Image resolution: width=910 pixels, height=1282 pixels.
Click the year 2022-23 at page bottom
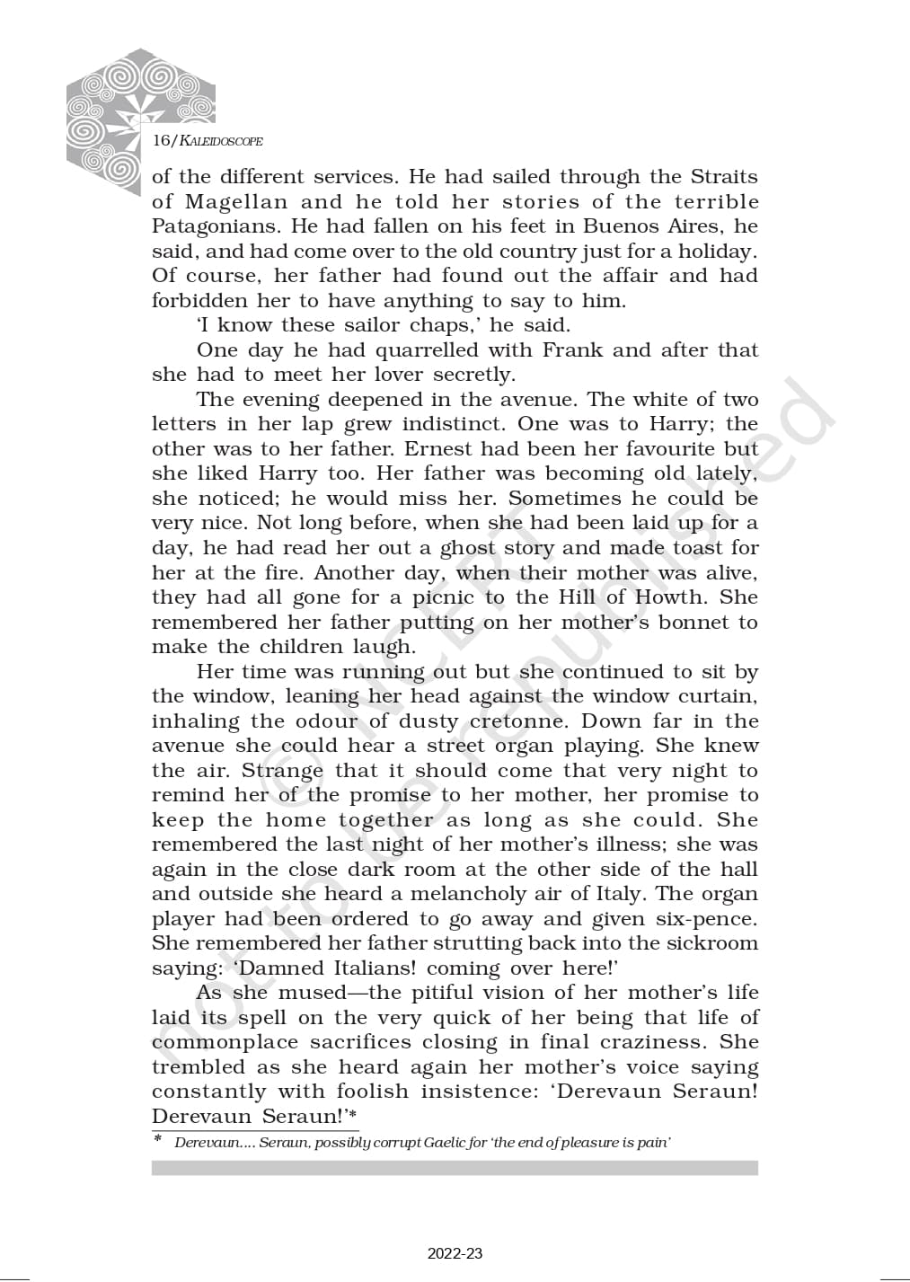coord(455,1253)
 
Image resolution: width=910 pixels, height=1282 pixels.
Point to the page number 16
coord(163,141)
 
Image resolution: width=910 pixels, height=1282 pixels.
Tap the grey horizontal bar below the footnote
coord(455,1168)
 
